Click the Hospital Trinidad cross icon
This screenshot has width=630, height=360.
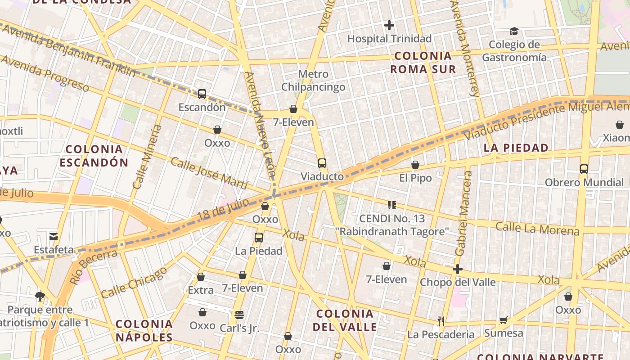[x=389, y=25]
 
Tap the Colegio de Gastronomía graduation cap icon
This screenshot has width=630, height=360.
[x=514, y=31]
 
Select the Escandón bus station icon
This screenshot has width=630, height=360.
[x=202, y=94]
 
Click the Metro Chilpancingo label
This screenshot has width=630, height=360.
[x=313, y=81]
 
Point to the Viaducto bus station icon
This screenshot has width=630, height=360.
[x=322, y=163]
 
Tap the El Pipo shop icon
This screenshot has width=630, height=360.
[x=415, y=165]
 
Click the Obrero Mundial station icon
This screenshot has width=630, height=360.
[x=584, y=169]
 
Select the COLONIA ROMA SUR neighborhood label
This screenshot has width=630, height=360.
[x=423, y=63]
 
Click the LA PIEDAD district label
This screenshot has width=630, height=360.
[x=516, y=148]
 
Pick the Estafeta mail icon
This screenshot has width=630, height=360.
[x=54, y=237]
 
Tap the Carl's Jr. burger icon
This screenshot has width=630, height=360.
[x=239, y=315]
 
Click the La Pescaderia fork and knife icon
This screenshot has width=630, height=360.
[x=441, y=321]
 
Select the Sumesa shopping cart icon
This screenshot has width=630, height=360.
[x=503, y=320]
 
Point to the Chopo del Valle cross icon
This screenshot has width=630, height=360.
[x=458, y=269]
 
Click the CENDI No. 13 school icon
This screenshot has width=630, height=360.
[x=391, y=205]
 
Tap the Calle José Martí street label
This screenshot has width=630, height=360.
[x=209, y=174]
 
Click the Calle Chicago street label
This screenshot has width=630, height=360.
[x=134, y=283]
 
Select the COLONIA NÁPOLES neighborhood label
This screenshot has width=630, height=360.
[x=144, y=330]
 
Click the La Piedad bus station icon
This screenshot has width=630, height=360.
[x=259, y=238]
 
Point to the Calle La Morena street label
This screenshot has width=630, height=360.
[x=537, y=229]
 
